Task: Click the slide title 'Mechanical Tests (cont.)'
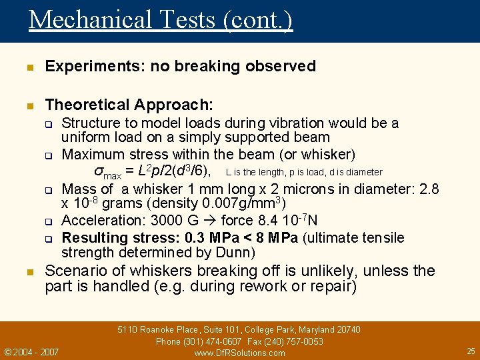click(160, 19)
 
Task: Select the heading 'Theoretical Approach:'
click(129, 105)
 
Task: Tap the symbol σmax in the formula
click(107, 172)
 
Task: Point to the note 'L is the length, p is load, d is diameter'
click(304, 172)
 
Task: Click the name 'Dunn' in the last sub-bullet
click(232, 253)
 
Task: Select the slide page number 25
click(471, 351)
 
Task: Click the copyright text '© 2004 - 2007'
click(31, 351)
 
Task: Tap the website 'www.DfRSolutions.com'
click(239, 353)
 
